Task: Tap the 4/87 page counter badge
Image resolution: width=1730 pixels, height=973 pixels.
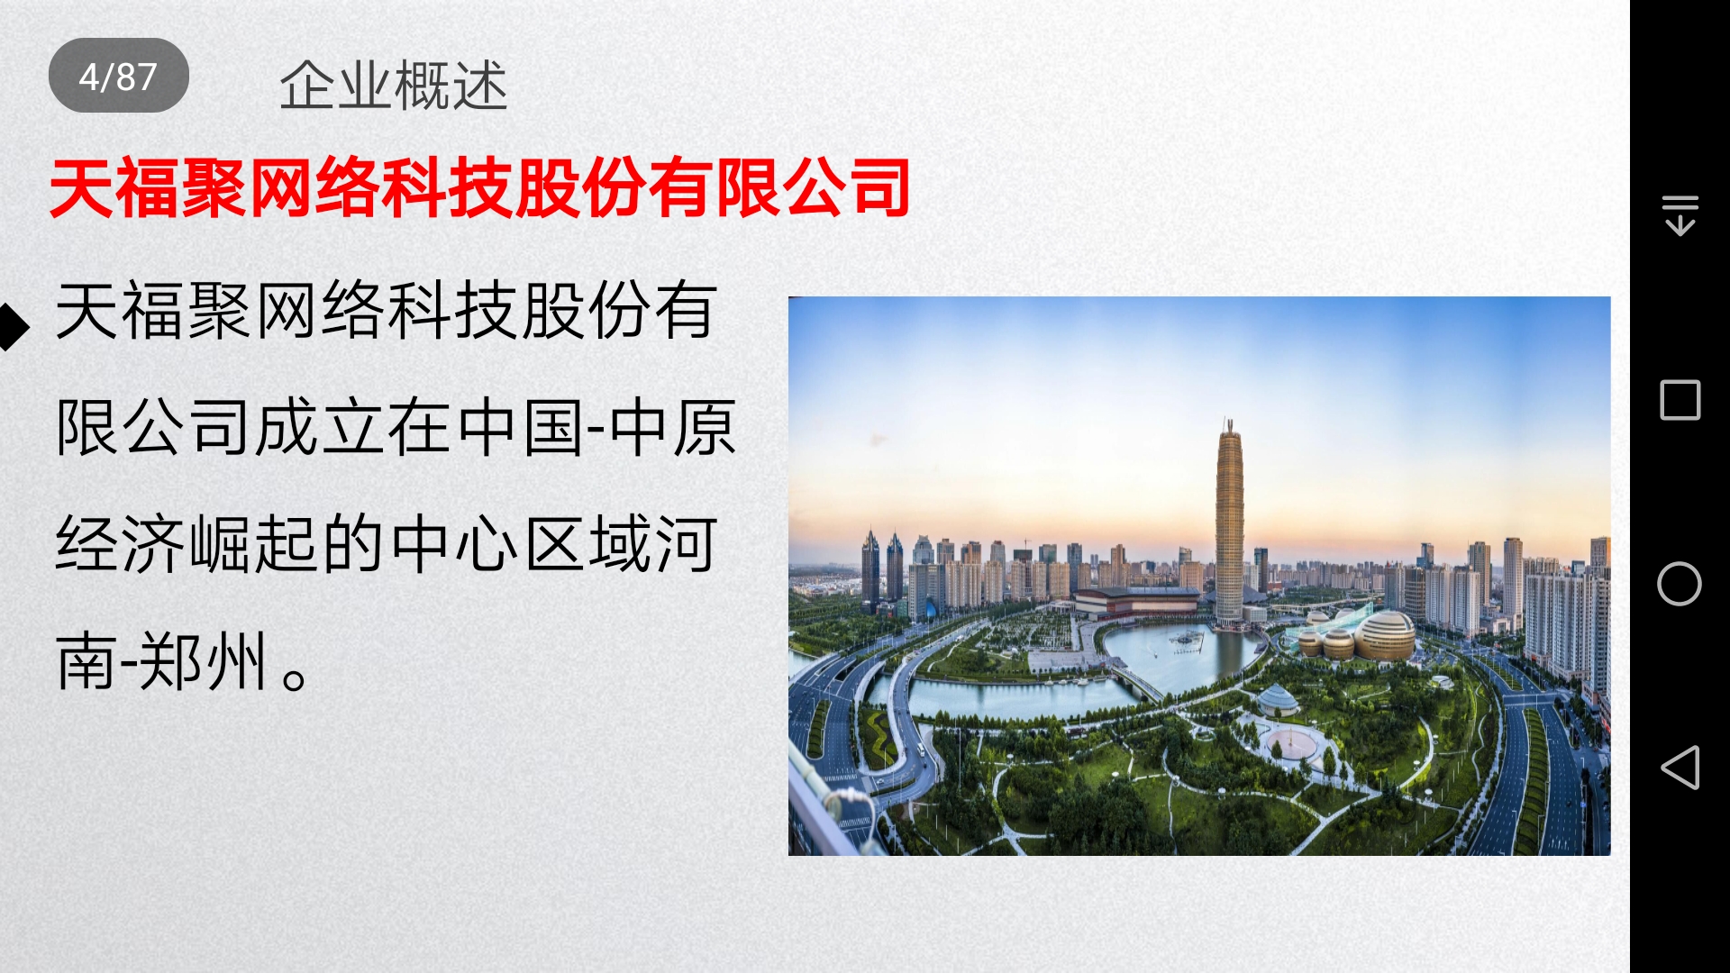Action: [x=118, y=76]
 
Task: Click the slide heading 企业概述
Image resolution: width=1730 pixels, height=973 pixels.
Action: [x=393, y=86]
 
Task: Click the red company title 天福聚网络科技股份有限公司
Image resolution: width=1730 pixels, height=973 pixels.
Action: [x=479, y=187]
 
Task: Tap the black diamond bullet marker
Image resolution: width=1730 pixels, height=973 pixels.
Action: [x=13, y=326]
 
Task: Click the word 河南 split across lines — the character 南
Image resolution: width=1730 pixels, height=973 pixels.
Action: [x=86, y=661]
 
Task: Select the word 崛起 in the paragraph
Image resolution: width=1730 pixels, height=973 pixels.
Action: [x=254, y=544]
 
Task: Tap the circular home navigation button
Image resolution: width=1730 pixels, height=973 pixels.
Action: [x=1680, y=584]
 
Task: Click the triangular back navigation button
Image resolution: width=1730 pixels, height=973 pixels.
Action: [x=1680, y=768]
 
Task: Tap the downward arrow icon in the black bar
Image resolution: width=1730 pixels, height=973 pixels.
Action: [x=1680, y=215]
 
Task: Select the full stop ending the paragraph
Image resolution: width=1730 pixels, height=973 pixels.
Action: [x=295, y=676]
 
